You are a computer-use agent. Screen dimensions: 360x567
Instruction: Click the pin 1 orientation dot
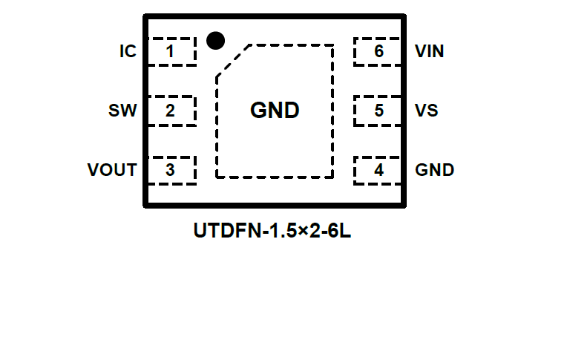tap(215, 41)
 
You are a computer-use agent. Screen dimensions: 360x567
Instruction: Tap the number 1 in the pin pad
tap(171, 52)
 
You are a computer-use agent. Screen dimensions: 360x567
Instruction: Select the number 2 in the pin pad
tap(171, 111)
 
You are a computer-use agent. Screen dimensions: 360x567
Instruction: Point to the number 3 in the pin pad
tap(171, 170)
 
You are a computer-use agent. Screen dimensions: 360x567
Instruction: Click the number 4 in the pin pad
tap(379, 170)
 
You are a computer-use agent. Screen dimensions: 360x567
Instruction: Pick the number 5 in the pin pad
tap(379, 111)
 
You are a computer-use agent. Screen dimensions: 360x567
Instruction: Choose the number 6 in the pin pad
tap(379, 52)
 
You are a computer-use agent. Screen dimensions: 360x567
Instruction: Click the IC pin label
tap(128, 52)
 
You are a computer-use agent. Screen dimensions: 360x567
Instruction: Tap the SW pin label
tap(122, 111)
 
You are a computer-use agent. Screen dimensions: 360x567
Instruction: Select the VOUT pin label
tap(112, 170)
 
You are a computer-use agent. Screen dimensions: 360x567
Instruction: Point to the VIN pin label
tap(430, 52)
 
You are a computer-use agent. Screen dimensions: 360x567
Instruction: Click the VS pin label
tap(427, 111)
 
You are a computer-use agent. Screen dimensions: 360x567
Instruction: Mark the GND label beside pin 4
tap(435, 170)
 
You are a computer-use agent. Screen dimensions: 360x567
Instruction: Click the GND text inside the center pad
tap(275, 111)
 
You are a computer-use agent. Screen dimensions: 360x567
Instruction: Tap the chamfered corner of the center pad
tap(232, 59)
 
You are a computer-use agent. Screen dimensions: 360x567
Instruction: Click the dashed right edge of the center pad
tap(332, 111)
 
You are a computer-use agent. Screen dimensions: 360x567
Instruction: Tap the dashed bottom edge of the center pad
tap(275, 177)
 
